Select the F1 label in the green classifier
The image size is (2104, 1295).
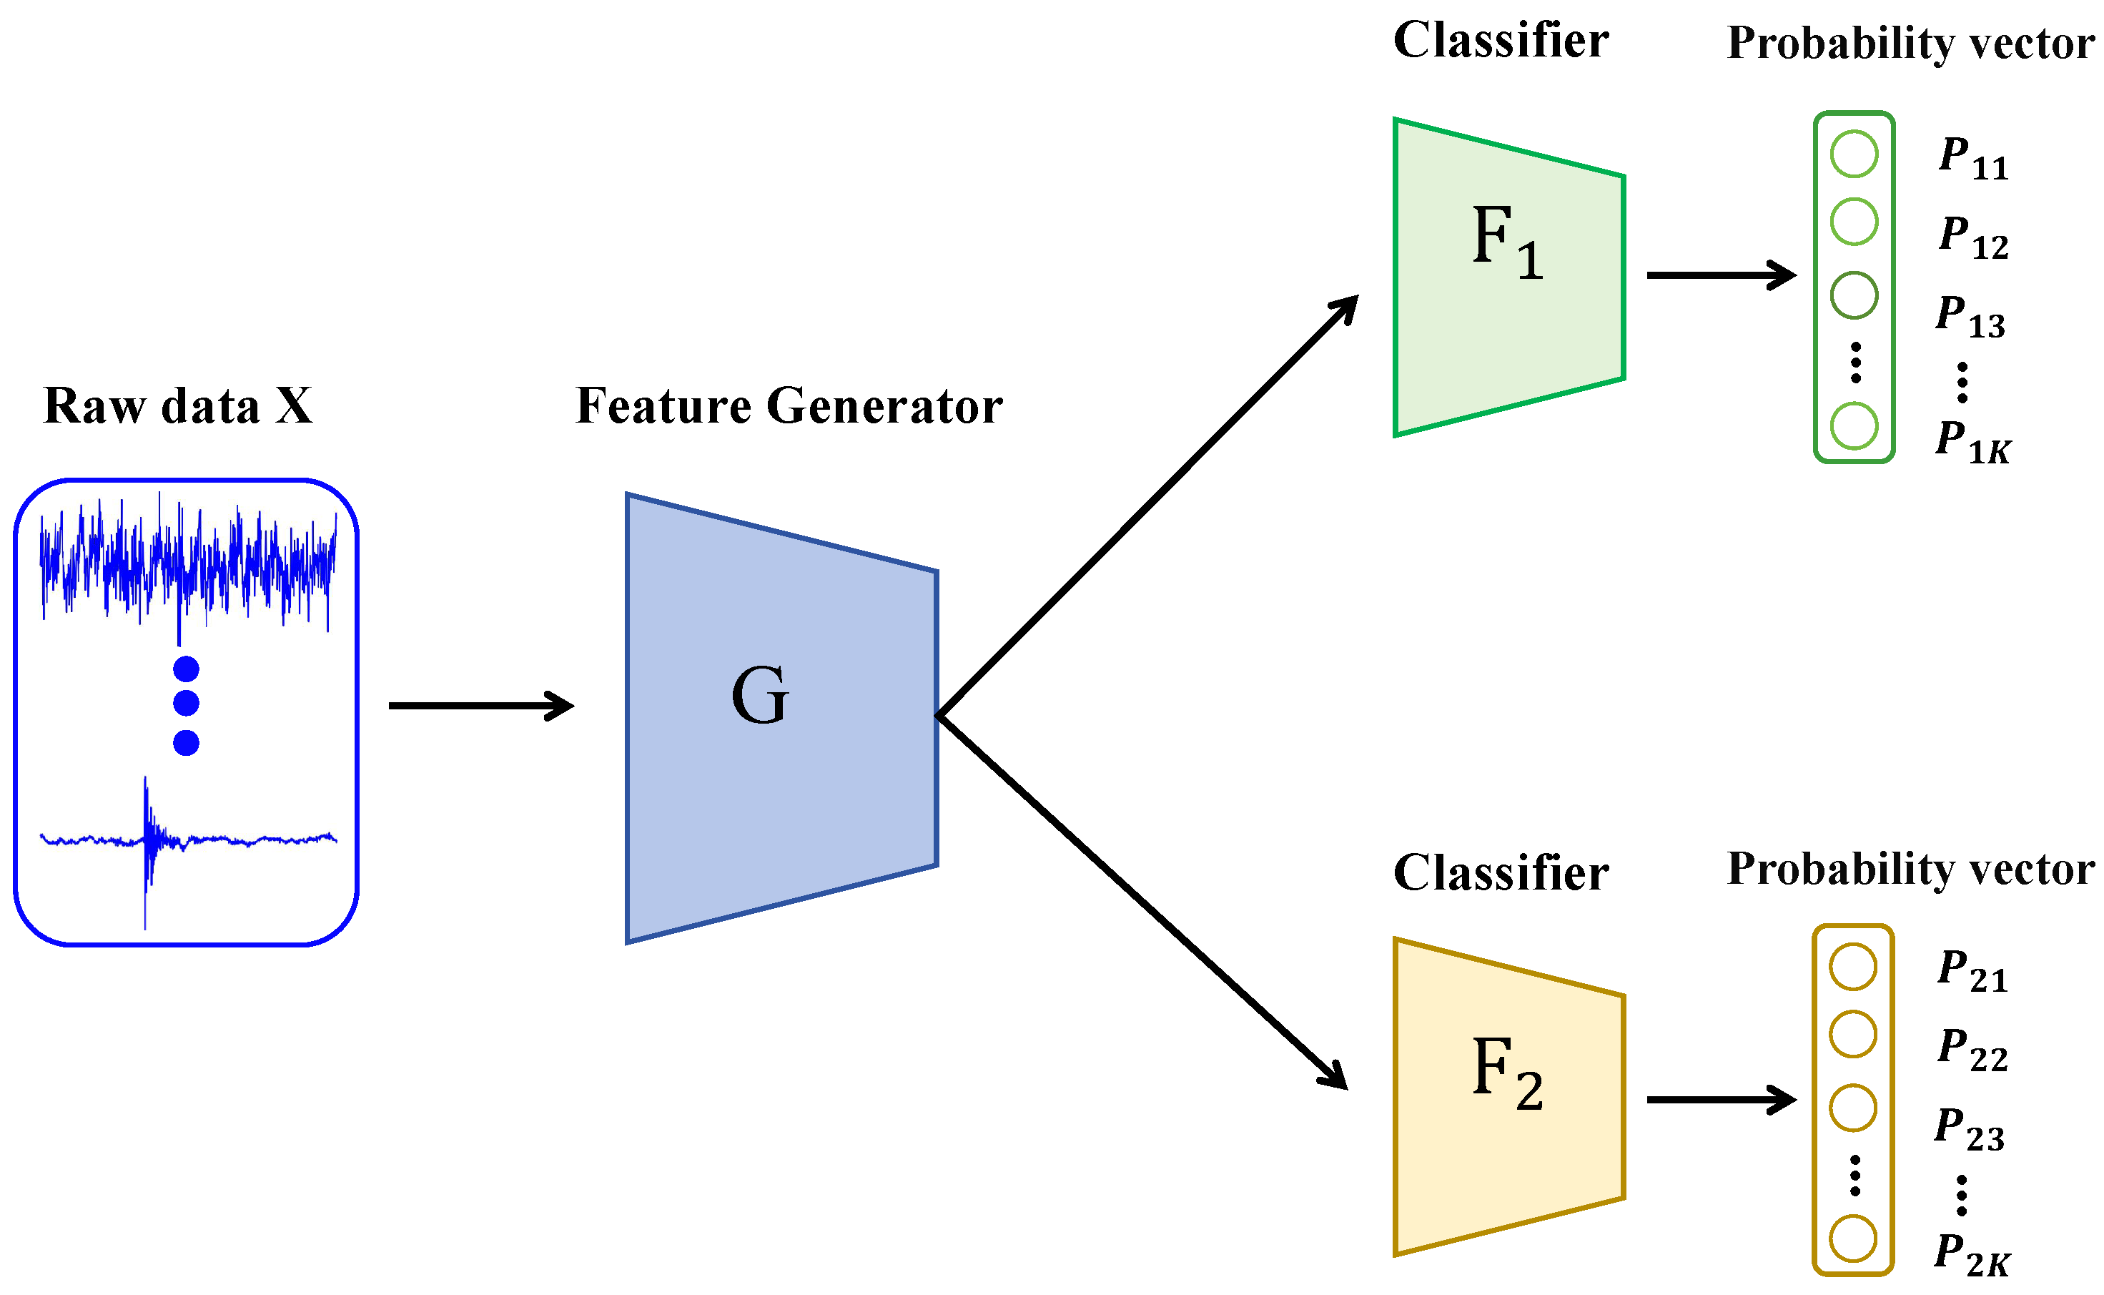tap(1507, 242)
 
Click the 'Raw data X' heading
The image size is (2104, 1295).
tap(177, 406)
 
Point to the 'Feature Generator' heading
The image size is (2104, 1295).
tap(788, 406)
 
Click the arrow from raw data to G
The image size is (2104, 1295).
tap(480, 706)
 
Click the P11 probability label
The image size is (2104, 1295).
tap(1972, 159)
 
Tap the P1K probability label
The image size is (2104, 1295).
tap(1972, 442)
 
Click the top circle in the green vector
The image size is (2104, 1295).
tap(1854, 154)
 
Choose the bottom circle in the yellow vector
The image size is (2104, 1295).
tap(1853, 1239)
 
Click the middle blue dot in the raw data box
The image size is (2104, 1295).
tap(186, 703)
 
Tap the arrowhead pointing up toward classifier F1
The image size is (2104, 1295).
tap(1346, 308)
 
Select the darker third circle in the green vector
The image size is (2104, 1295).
tap(1854, 295)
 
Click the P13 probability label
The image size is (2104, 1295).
tap(1970, 316)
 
